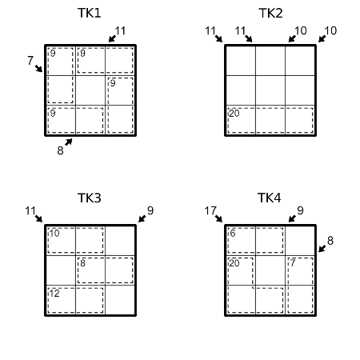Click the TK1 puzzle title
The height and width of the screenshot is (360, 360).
pos(90,13)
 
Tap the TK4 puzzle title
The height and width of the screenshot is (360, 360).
pos(270,198)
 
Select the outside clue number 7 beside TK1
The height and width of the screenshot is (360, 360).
pos(30,61)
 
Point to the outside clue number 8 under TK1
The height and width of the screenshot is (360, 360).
pos(60,150)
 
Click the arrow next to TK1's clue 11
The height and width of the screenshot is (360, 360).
pos(112,38)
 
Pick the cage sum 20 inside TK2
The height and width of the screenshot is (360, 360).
pos(234,114)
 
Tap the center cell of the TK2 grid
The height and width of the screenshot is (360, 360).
pos(270,90)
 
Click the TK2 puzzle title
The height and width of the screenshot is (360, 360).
pos(270,13)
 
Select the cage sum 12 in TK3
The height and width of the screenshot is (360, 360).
pos(54,294)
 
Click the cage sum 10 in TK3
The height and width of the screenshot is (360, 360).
pos(54,234)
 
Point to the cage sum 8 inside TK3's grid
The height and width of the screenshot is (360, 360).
pos(82,263)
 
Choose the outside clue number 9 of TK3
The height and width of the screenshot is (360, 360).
pos(150,210)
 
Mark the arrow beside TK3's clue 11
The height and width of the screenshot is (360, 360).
pos(38,218)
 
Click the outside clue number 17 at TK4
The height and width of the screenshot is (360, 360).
pos(210,210)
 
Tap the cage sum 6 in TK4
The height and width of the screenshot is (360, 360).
pos(233,234)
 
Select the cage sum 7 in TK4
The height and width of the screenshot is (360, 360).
pos(293,263)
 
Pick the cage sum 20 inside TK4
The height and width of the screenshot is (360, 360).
pos(234,263)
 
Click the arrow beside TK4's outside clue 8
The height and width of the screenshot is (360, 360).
pos(322,249)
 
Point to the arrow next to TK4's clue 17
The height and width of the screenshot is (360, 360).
pos(218,218)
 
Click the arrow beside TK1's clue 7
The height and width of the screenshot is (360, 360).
pos(38,69)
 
